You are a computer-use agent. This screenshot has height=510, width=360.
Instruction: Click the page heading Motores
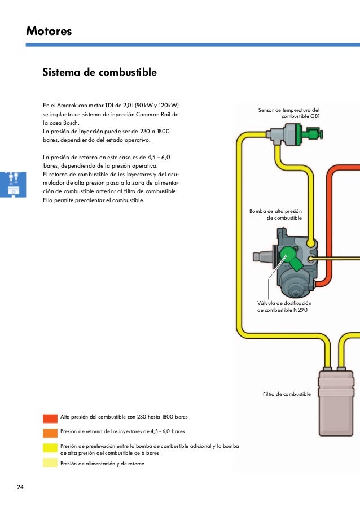(49, 32)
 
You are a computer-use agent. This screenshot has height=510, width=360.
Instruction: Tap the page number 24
(21, 487)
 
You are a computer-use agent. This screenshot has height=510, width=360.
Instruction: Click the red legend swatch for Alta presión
(50, 418)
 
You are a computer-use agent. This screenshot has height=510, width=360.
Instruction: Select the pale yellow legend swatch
(50, 463)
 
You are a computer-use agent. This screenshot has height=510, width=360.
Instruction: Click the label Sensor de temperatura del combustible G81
(288, 113)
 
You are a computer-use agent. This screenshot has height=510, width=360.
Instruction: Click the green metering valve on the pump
(289, 255)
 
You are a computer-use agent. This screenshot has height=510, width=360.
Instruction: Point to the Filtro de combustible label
(287, 394)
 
